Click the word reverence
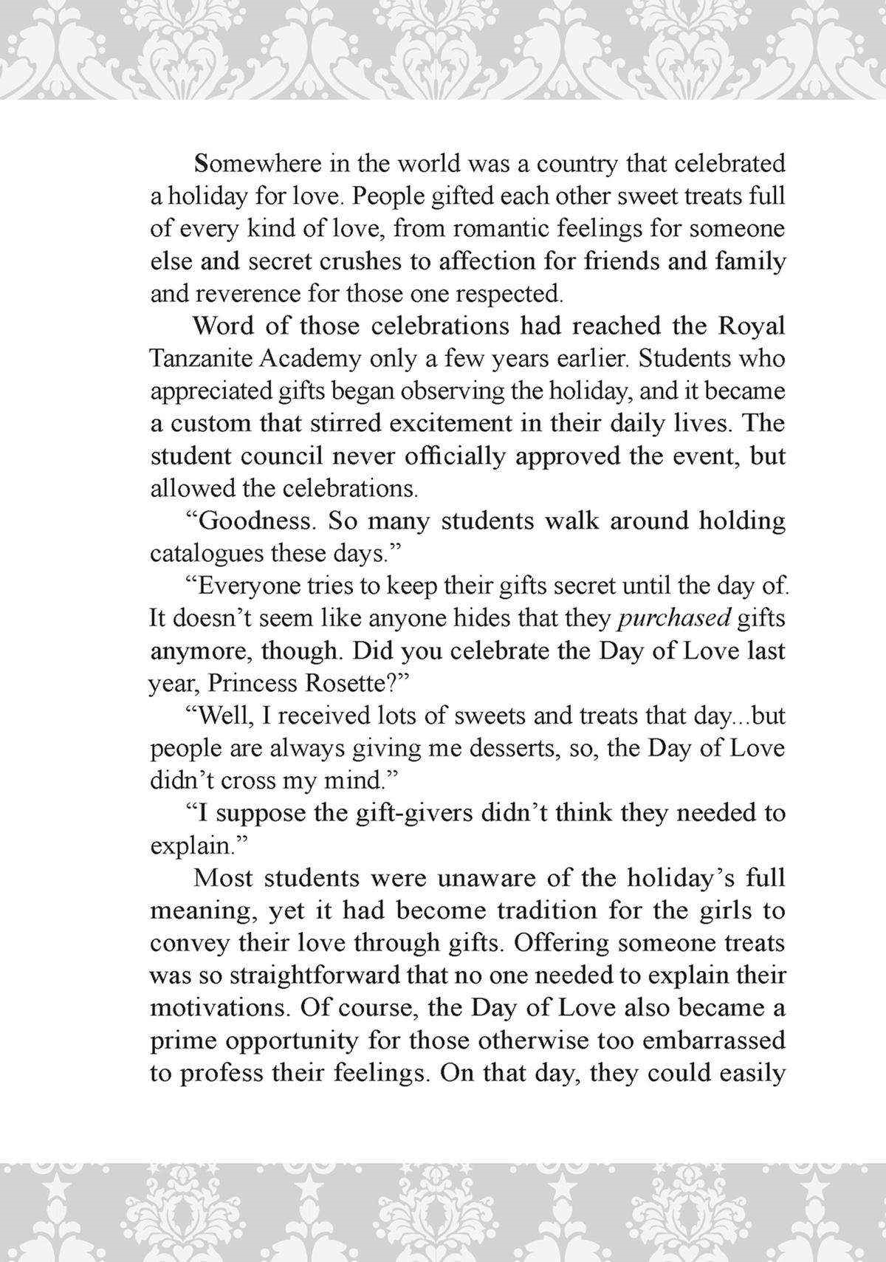tap(247, 293)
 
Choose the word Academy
tap(310, 358)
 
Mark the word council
tap(281, 456)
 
